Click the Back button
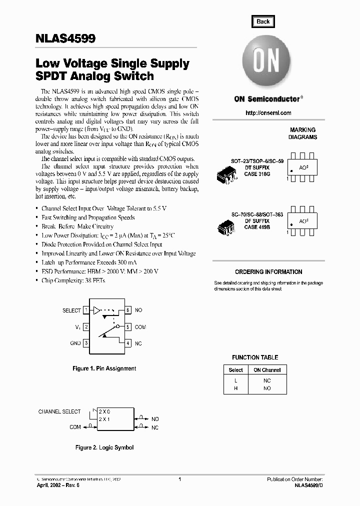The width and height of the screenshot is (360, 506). click(263, 21)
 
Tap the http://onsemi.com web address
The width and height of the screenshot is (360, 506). click(268, 113)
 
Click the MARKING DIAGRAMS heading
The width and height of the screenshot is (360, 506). click(303, 133)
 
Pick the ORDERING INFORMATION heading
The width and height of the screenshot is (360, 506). click(268, 272)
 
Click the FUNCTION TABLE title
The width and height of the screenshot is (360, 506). click(255, 357)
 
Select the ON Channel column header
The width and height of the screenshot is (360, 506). click(267, 370)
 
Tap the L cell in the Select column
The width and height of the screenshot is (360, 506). click(235, 380)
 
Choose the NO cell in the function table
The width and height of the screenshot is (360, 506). click(267, 388)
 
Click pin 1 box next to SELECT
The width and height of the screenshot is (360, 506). click(86, 310)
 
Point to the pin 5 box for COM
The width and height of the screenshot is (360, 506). click(128, 327)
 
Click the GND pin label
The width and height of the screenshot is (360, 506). click(75, 343)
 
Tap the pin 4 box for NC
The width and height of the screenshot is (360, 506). click(128, 343)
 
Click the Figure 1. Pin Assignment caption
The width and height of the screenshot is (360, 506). click(104, 368)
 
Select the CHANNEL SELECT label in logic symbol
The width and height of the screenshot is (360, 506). click(59, 411)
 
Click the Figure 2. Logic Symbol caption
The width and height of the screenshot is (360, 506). click(104, 447)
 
